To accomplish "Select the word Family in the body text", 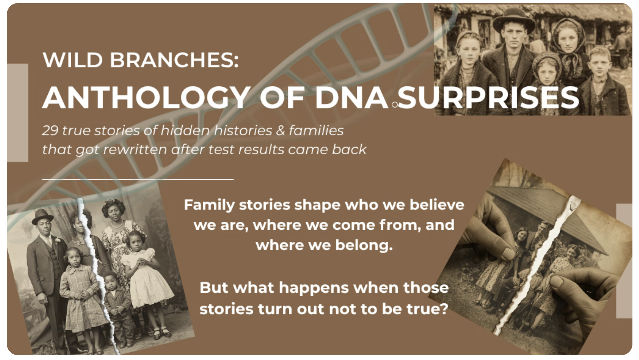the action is (209, 205).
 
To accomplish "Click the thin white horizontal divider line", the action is (138, 179).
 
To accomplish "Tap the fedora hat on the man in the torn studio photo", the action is (42, 217).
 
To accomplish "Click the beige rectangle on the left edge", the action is (18, 113).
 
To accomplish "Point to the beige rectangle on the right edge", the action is (624, 261).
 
